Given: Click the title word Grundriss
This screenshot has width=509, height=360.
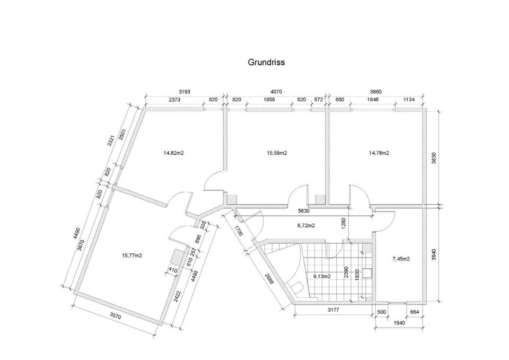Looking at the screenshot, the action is [x=266, y=62].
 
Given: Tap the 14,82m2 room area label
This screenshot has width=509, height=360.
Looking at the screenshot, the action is [x=174, y=153].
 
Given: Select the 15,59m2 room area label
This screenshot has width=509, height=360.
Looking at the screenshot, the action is [x=276, y=153].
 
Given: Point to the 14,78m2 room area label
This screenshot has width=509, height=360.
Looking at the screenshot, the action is [x=379, y=153].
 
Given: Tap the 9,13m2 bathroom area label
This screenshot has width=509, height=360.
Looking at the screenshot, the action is [x=322, y=276].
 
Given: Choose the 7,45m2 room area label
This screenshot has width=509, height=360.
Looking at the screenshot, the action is [x=401, y=259].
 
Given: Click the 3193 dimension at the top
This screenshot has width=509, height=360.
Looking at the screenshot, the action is [x=184, y=91].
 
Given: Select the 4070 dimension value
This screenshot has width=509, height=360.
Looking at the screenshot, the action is [x=276, y=91].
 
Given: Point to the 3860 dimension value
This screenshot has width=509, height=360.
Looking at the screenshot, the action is [x=376, y=91].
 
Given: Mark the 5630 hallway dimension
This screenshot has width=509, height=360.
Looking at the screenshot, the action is [x=304, y=210].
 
